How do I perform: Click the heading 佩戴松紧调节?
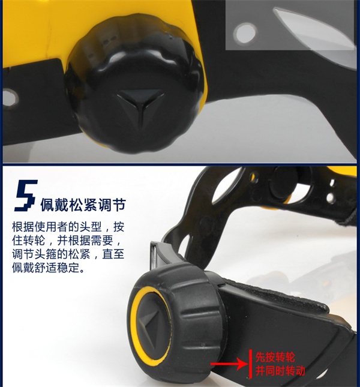[x=83, y=205]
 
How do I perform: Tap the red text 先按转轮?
[x=275, y=357]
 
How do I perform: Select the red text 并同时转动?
[x=280, y=371]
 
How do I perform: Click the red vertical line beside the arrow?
[x=250, y=364]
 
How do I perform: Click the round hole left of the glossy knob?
[x=10, y=98]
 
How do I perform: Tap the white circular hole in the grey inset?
[x=245, y=33]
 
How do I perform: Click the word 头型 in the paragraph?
[x=91, y=227]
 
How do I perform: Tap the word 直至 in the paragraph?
[x=113, y=254]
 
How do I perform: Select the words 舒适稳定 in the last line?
[x=57, y=268]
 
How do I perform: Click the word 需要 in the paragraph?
[x=102, y=241]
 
